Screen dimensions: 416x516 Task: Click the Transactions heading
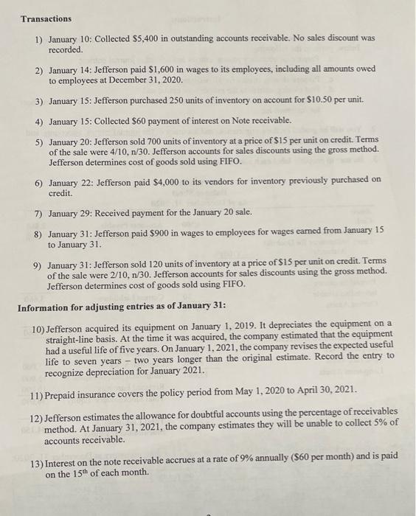coord(46,18)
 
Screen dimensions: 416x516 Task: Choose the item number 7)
coord(39,214)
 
